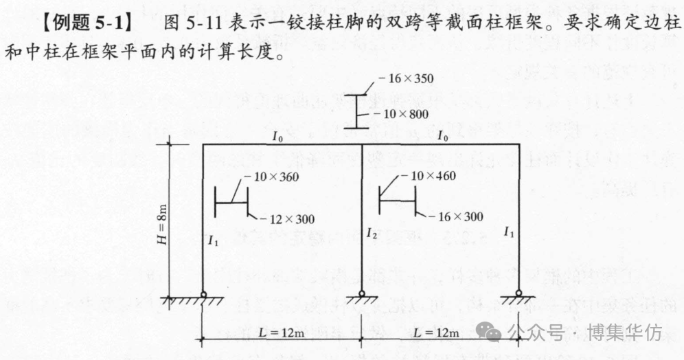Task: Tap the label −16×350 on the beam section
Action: pyautogui.click(x=409, y=78)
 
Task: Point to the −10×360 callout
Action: pyautogui.click(x=272, y=177)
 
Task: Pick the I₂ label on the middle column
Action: pyautogui.click(x=373, y=234)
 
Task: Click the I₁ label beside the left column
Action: pyautogui.click(x=213, y=240)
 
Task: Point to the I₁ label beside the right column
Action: pyautogui.click(x=509, y=232)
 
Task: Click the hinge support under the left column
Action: pyautogui.click(x=203, y=296)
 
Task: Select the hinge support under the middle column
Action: pyautogui.click(x=362, y=296)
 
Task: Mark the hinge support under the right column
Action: pyautogui.click(x=519, y=296)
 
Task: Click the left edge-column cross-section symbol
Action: pyautogui.click(x=231, y=202)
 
